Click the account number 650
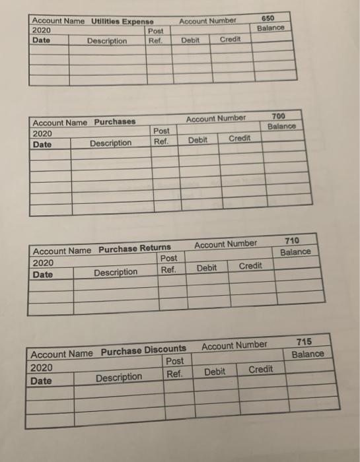click(269, 19)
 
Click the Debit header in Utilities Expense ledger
click(190, 40)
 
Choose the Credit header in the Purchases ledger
click(239, 139)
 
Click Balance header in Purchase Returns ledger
click(295, 252)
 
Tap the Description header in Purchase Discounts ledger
click(119, 378)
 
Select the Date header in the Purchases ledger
click(42, 143)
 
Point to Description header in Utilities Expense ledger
click(107, 41)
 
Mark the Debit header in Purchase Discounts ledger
click(215, 372)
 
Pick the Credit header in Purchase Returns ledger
click(250, 265)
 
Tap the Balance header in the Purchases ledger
click(282, 127)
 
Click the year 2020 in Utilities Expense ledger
click(41, 30)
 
